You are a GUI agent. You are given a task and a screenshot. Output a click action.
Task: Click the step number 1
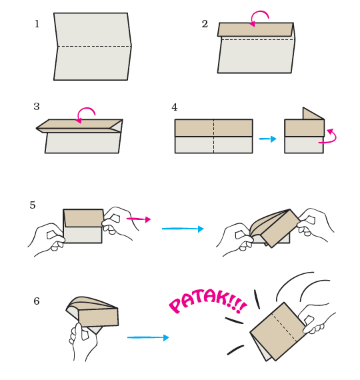(x=37, y=25)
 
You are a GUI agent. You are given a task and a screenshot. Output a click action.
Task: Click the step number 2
(x=205, y=25)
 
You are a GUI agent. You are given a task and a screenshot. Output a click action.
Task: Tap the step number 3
(x=37, y=107)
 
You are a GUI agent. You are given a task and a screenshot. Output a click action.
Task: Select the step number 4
(x=175, y=108)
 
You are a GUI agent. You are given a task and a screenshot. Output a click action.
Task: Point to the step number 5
(x=33, y=205)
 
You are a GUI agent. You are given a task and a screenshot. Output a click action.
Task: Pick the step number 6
(x=37, y=301)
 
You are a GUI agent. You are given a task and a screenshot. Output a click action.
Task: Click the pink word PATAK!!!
(x=207, y=300)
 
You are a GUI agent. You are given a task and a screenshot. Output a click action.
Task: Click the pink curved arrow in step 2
(x=259, y=17)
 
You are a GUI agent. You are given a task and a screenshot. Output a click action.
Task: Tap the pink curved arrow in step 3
(x=86, y=113)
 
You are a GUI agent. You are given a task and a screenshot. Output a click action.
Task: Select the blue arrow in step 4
(x=267, y=139)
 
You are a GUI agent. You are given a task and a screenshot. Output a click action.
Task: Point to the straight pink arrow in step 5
(x=139, y=219)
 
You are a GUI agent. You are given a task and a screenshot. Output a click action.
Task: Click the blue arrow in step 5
(x=183, y=229)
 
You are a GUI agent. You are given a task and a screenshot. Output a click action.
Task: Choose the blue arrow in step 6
(x=148, y=337)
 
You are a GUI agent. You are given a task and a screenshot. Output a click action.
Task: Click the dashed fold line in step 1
(x=93, y=46)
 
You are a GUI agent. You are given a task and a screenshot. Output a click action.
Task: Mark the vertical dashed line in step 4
(x=213, y=137)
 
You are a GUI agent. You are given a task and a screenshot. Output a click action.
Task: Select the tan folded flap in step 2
(x=255, y=29)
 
